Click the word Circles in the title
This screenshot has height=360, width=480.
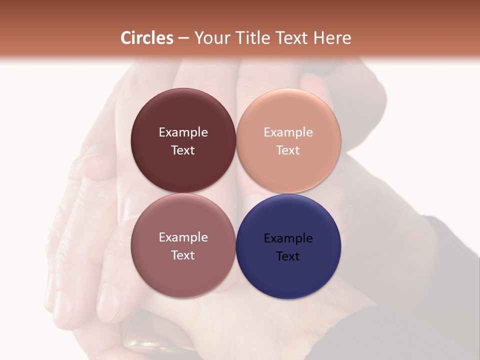(147, 38)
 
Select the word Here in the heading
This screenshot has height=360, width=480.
(330, 38)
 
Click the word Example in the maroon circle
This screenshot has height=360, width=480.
(183, 132)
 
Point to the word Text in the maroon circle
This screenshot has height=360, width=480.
(183, 150)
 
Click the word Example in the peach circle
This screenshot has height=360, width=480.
(288, 132)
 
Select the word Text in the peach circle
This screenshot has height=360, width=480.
(288, 150)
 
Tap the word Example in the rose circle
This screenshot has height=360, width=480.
(183, 237)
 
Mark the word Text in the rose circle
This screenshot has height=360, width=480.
(183, 255)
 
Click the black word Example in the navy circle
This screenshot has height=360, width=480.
(288, 238)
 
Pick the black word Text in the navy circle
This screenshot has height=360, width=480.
(288, 256)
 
